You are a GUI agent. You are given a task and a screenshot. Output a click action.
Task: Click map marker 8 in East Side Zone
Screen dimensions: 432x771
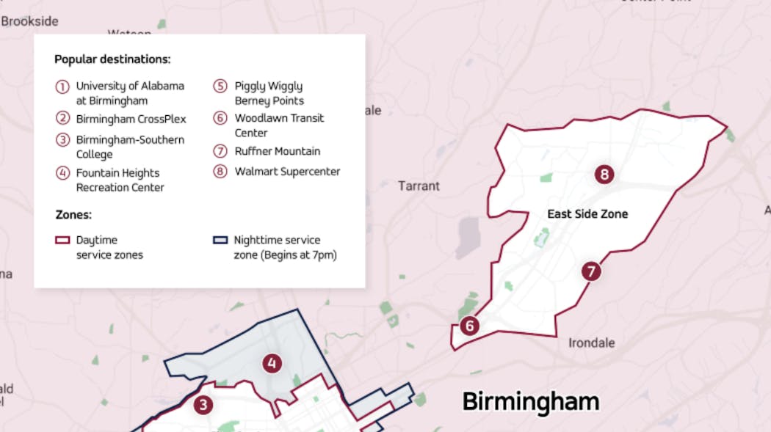point(604,175)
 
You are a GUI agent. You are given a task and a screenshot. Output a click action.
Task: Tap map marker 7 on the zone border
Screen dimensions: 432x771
point(591,271)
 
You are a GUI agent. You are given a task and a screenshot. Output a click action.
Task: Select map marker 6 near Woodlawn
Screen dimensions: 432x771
point(469,326)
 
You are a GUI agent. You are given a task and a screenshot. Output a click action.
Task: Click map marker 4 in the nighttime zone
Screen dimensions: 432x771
point(272,363)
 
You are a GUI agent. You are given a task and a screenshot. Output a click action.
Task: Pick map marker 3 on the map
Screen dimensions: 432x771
point(203,405)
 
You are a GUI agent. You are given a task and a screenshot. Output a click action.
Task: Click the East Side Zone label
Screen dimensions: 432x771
point(587,214)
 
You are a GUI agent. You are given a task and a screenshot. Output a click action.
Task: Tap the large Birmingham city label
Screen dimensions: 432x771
point(530,402)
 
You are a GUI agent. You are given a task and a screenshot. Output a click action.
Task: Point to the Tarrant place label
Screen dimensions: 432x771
point(419,186)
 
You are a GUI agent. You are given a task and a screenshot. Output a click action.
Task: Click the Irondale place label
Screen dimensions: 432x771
point(592,343)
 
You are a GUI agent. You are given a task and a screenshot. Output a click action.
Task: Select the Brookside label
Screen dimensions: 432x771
point(29,21)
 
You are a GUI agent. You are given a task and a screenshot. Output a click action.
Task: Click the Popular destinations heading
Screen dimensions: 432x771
point(112,59)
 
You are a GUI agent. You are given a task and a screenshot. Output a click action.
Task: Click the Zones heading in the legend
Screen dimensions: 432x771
point(73,215)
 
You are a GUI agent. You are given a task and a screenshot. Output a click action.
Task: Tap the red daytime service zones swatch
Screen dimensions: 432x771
point(62,240)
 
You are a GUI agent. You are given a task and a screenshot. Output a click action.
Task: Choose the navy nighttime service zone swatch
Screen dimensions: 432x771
point(219,240)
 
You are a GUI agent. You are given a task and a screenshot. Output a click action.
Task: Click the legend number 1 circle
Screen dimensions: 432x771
point(62,87)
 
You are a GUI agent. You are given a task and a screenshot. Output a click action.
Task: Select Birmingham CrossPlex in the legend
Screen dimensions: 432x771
point(131,119)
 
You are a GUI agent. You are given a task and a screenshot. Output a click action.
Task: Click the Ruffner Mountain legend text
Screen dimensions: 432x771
point(277,151)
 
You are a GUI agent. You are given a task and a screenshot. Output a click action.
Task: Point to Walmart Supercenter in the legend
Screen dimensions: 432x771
point(287,172)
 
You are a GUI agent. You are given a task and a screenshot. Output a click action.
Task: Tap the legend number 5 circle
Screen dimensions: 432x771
point(220,87)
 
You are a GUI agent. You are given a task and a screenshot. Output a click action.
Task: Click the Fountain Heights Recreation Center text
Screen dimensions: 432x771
point(120,180)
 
